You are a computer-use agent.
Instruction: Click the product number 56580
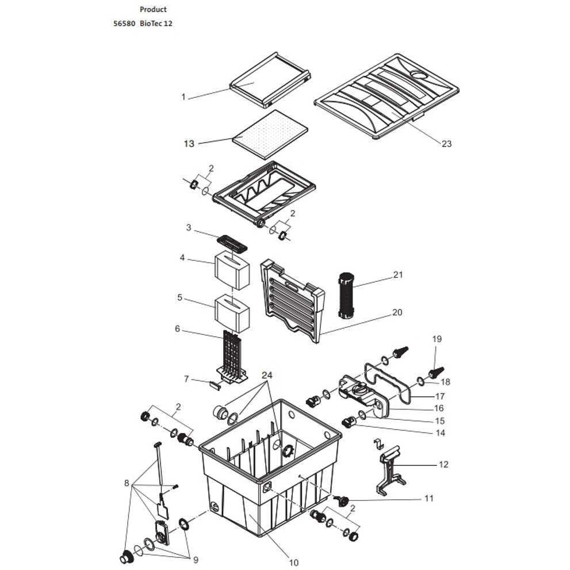tap(124, 24)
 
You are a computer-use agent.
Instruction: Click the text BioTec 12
tap(156, 24)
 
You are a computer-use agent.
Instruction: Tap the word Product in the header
tap(153, 9)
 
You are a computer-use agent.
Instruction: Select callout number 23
tap(446, 144)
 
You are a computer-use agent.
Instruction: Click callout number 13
tap(189, 144)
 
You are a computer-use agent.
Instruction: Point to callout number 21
tap(398, 275)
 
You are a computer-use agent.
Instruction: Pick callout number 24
tap(267, 375)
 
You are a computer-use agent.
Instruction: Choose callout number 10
tap(293, 563)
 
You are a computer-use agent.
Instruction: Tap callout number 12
tap(443, 465)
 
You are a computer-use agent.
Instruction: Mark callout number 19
tap(437, 339)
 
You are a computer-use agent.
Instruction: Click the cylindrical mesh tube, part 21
tap(346, 296)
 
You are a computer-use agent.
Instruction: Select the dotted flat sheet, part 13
tap(270, 135)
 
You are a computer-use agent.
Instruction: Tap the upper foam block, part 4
tap(232, 271)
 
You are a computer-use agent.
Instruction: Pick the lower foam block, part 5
tap(232, 314)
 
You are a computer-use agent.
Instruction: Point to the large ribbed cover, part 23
tap(387, 97)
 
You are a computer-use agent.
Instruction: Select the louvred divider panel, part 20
tap(292, 300)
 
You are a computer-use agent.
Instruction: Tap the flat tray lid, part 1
tap(270, 81)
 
